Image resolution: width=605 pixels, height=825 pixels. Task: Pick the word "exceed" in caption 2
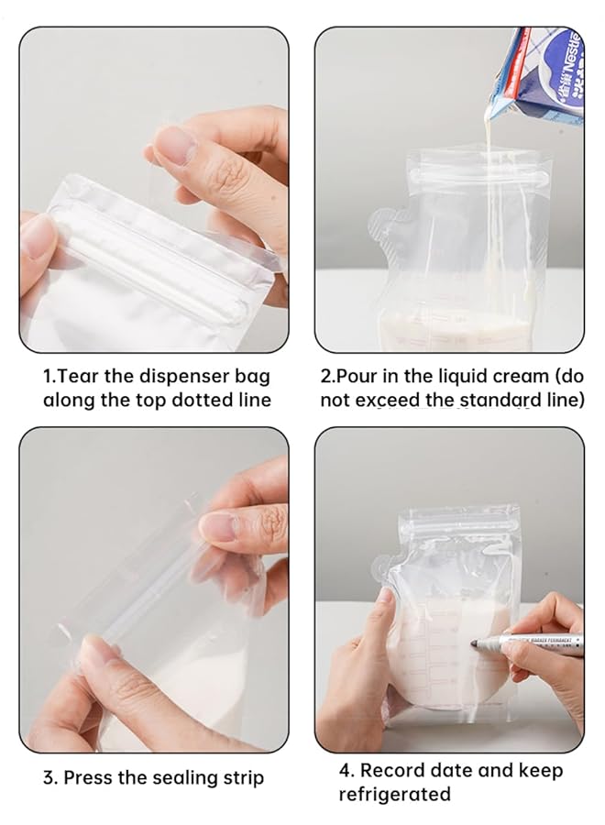click(390, 401)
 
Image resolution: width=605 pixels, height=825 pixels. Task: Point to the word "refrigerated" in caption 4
click(395, 795)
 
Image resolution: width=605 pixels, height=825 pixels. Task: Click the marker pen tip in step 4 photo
click(474, 645)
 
